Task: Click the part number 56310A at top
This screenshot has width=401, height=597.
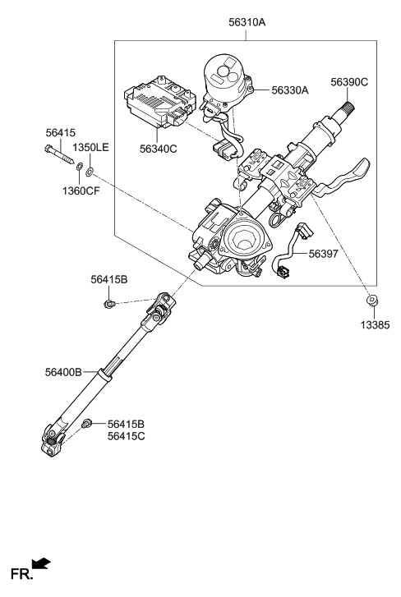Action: [x=247, y=23]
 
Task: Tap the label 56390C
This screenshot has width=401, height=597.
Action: [x=349, y=82]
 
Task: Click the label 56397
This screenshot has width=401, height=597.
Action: [x=325, y=255]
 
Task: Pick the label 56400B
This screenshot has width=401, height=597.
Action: [x=63, y=372]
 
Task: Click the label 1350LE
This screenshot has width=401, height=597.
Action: [x=90, y=147]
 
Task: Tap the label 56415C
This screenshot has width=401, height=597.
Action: [x=126, y=436]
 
